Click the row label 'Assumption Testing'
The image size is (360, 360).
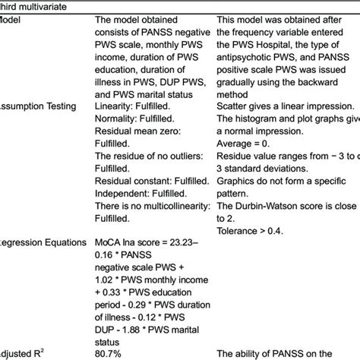click(x=33, y=106)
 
